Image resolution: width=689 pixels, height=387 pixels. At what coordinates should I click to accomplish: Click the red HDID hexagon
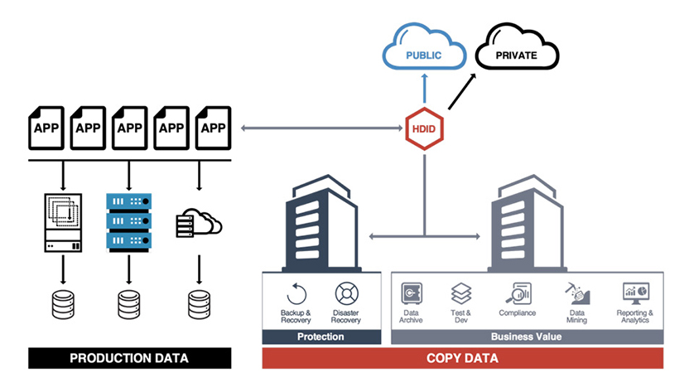tap(424, 129)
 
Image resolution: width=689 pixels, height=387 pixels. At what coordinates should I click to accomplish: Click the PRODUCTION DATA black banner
tap(128, 358)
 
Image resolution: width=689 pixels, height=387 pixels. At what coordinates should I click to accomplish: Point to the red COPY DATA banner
tap(462, 358)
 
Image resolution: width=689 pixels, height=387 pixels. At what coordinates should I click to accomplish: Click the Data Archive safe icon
tap(411, 293)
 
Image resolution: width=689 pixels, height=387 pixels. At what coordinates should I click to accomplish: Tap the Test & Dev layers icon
tap(460, 293)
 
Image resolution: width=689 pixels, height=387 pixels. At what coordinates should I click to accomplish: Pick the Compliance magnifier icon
tap(517, 293)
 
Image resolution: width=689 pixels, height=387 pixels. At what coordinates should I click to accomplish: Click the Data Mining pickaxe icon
tap(577, 293)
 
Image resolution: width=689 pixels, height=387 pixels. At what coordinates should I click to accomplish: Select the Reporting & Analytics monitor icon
tap(635, 293)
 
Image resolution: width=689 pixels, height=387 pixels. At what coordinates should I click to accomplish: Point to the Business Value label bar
tap(526, 336)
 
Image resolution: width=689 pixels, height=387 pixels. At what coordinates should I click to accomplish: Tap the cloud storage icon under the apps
tap(199, 223)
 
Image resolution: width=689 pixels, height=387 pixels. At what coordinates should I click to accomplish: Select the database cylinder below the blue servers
tap(128, 304)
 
